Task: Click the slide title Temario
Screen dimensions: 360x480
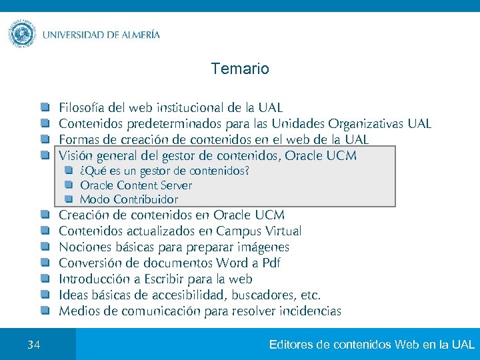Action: tap(240, 69)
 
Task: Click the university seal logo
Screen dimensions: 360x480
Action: tap(22, 33)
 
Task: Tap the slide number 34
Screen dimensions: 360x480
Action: tap(34, 345)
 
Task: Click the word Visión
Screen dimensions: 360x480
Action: tap(75, 155)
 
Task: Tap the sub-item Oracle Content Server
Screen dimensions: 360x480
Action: tap(136, 185)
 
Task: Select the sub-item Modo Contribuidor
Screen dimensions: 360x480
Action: tap(129, 199)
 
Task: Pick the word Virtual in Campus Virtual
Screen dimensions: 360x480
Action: tap(283, 231)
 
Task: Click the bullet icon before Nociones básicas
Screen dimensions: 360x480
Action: tap(44, 247)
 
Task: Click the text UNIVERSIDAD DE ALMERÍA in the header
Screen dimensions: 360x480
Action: tap(101, 35)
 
